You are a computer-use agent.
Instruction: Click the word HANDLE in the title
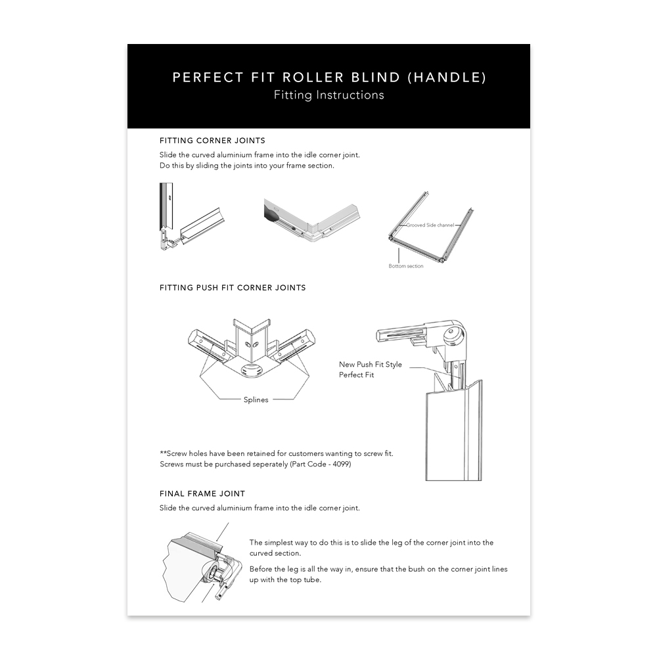click(447, 78)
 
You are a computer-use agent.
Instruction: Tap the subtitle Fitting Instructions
click(328, 95)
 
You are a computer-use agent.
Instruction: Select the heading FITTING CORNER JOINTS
click(212, 141)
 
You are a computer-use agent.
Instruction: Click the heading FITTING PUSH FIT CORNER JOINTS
click(233, 288)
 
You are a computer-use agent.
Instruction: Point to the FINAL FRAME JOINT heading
click(202, 493)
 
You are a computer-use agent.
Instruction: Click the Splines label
click(256, 399)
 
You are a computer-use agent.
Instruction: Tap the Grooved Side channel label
click(430, 225)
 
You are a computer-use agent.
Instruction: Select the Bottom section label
click(406, 266)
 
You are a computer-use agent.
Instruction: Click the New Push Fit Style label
click(371, 365)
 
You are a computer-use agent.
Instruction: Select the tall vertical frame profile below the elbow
click(453, 430)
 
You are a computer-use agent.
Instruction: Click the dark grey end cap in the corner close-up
click(271, 211)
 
